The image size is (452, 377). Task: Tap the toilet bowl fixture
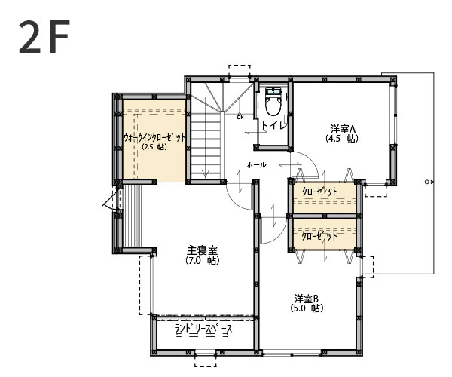(x=272, y=103)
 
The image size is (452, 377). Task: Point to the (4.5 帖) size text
(x=342, y=139)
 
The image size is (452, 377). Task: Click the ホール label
(x=256, y=164)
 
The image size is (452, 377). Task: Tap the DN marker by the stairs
(x=240, y=117)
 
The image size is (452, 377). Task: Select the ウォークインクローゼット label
(x=154, y=138)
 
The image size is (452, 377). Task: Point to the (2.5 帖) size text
(x=154, y=148)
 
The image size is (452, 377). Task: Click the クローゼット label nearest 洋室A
(x=320, y=192)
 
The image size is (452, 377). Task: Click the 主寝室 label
(x=203, y=250)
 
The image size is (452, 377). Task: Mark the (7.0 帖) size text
(x=202, y=261)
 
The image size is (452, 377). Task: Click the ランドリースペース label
(x=203, y=329)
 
